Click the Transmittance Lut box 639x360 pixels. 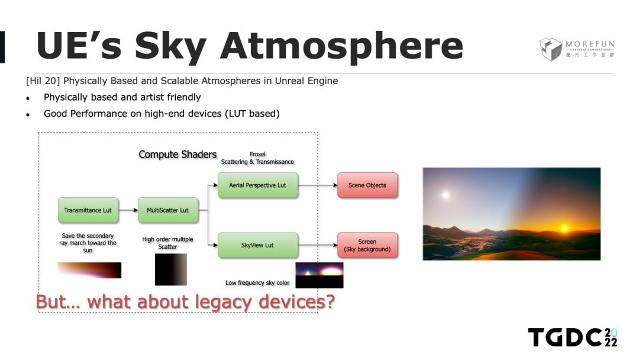pyautogui.click(x=88, y=210)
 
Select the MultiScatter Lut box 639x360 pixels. pyautogui.click(x=168, y=210)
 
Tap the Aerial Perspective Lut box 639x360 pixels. pyautogui.click(x=257, y=185)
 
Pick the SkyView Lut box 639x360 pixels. pyautogui.click(x=257, y=245)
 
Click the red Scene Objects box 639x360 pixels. pyautogui.click(x=367, y=185)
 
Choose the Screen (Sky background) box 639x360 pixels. pyautogui.click(x=367, y=245)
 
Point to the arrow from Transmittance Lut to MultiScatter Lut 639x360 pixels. pyautogui.click(x=128, y=210)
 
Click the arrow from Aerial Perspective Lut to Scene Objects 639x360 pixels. pyautogui.click(x=318, y=185)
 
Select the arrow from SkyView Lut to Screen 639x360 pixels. pyautogui.click(x=318, y=245)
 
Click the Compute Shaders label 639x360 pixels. pyautogui.click(x=177, y=155)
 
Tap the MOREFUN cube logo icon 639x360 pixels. pyautogui.click(x=551, y=49)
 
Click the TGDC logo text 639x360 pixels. pyautogui.click(x=572, y=337)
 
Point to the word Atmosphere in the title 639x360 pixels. pyautogui.click(x=341, y=46)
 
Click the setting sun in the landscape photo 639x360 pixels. pyautogui.click(x=565, y=229)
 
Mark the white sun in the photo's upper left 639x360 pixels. pyautogui.click(x=446, y=195)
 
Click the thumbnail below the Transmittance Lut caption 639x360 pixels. pyautogui.click(x=89, y=271)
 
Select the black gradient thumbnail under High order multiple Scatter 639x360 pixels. pyautogui.click(x=171, y=269)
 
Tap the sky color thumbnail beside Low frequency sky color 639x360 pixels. pyautogui.click(x=319, y=275)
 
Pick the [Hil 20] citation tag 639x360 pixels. pyautogui.click(x=43, y=81)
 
